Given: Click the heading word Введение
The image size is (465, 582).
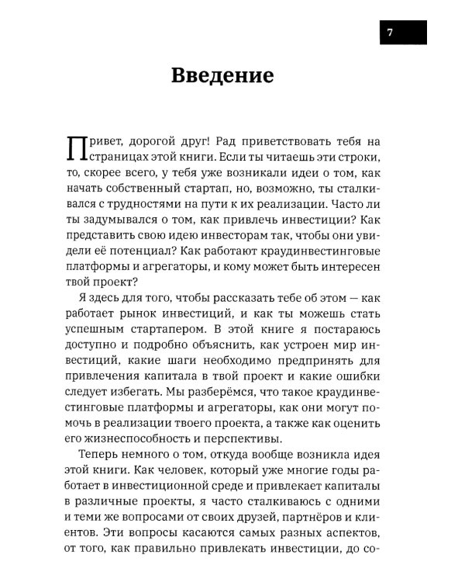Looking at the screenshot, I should click(222, 76).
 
